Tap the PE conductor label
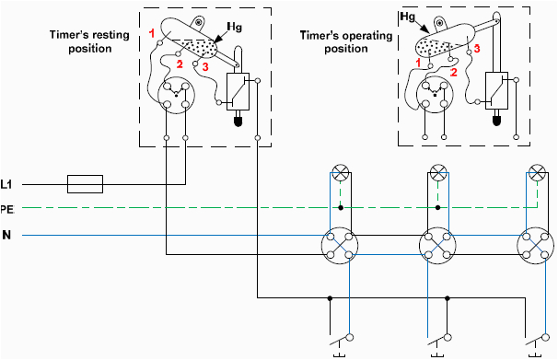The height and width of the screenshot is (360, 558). coord(9,209)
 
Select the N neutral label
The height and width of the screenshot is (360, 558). coord(7,236)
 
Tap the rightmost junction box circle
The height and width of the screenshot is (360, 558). coord(538,245)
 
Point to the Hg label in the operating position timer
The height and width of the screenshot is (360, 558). coord(408,17)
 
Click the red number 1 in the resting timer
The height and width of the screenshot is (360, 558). coord(151,33)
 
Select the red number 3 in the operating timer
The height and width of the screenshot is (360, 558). coord(477,59)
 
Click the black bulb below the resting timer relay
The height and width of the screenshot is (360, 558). coord(238,120)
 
